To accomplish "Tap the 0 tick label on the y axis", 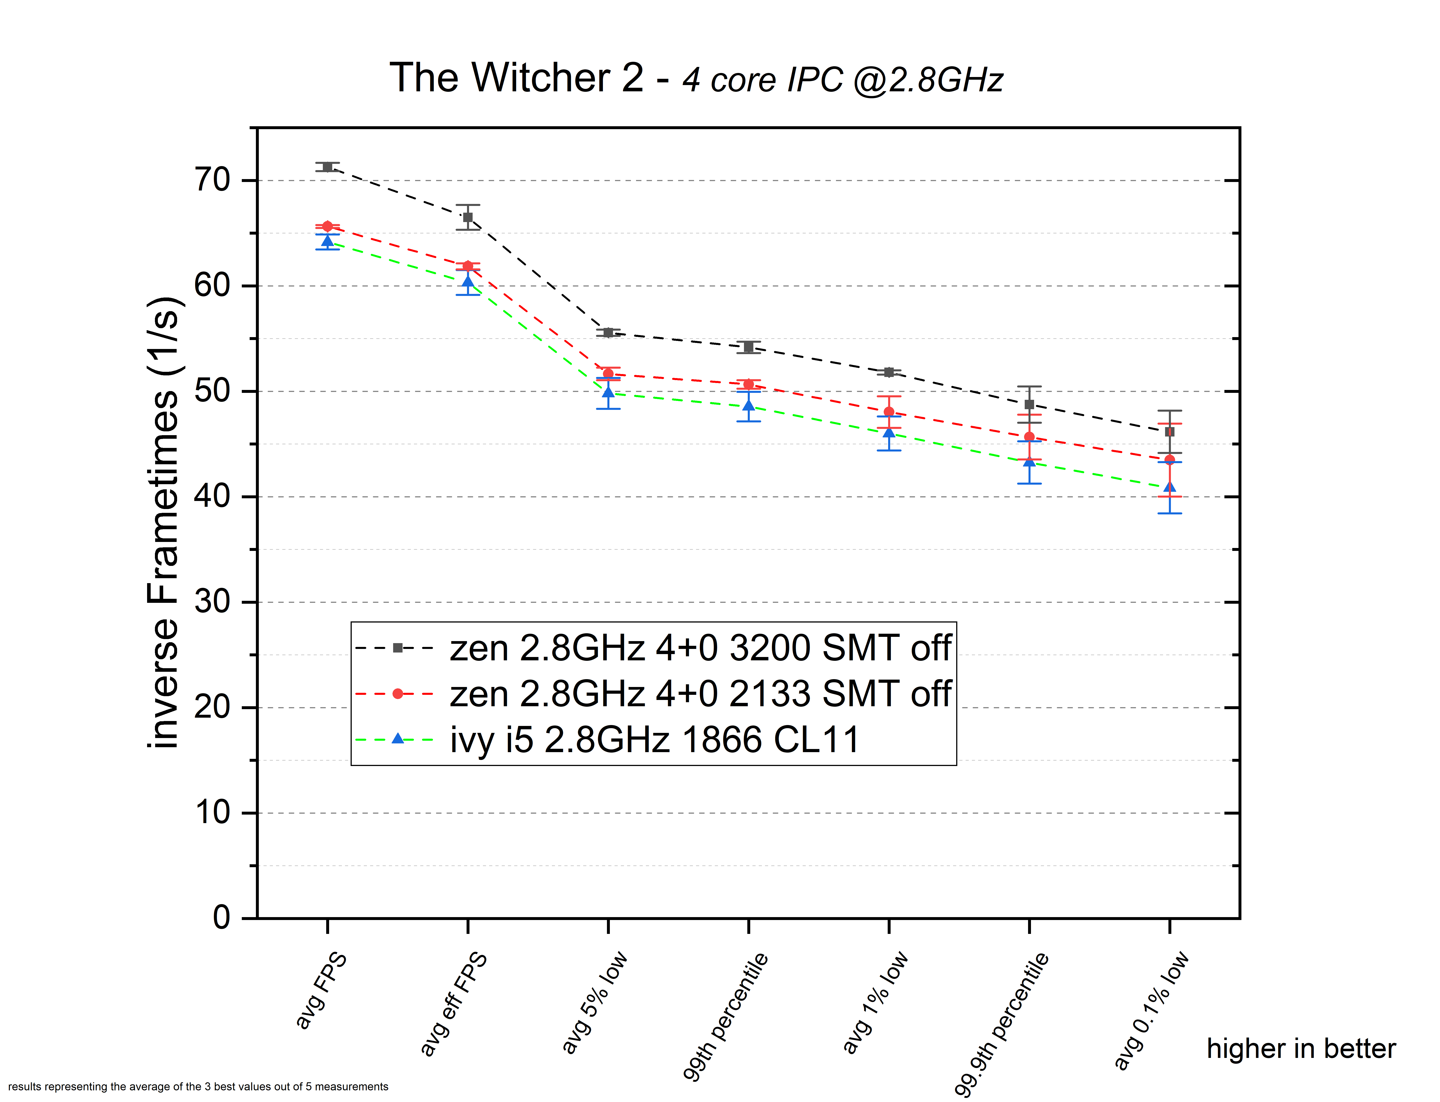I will pos(222,917).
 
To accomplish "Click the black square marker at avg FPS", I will pos(327,167).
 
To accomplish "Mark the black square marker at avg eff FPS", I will pos(468,217).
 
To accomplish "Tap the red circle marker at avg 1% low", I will pos(889,412).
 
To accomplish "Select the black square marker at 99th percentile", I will pos(748,347).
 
